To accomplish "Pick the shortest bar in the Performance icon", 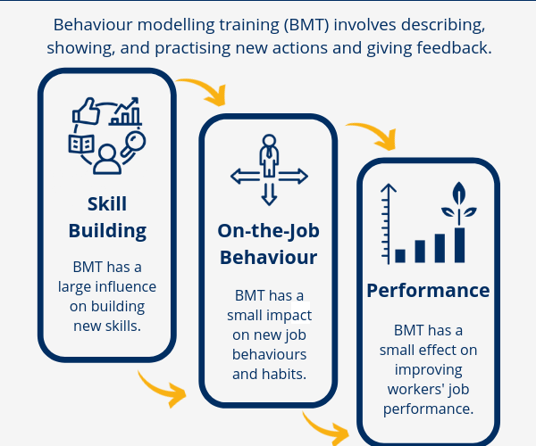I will pyautogui.click(x=400, y=255).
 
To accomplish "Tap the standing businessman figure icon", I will pyautogui.click(x=268, y=156).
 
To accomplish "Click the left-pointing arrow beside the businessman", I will pyautogui.click(x=243, y=176).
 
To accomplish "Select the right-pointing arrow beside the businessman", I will pyautogui.click(x=294, y=176).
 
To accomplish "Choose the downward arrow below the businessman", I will pyautogui.click(x=268, y=194).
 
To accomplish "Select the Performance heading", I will pyautogui.click(x=428, y=290).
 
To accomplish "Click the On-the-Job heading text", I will pyautogui.click(x=268, y=231).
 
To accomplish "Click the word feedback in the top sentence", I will pyautogui.click(x=448, y=48).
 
